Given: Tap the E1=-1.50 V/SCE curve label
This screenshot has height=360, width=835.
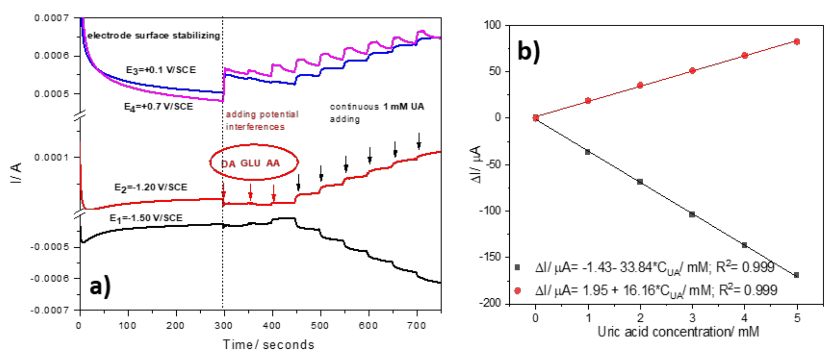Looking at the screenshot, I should [x=146, y=218].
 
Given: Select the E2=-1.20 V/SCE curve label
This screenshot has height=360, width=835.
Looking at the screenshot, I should [x=151, y=187].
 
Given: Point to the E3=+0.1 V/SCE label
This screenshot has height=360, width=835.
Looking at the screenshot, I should [x=161, y=70].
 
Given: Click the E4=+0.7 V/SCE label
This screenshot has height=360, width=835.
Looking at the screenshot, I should [x=158, y=107].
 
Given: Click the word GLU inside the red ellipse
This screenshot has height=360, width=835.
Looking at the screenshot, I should [x=250, y=163].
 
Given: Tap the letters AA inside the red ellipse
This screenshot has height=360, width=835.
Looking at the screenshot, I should [x=273, y=163].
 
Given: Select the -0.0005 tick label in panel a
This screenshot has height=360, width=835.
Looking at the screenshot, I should [x=50, y=247].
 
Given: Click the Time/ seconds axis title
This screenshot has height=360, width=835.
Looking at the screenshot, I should [x=269, y=344].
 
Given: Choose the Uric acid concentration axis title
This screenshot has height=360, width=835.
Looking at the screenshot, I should [x=678, y=332].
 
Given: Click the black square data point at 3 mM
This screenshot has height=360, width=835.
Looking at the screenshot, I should [x=692, y=214].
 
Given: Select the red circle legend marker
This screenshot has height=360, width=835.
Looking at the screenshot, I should [x=517, y=291].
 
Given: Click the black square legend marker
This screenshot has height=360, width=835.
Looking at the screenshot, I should [x=517, y=268].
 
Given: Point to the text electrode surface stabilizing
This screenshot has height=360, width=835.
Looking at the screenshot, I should [x=154, y=35].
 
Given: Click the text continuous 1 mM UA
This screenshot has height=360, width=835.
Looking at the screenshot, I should [x=377, y=107].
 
